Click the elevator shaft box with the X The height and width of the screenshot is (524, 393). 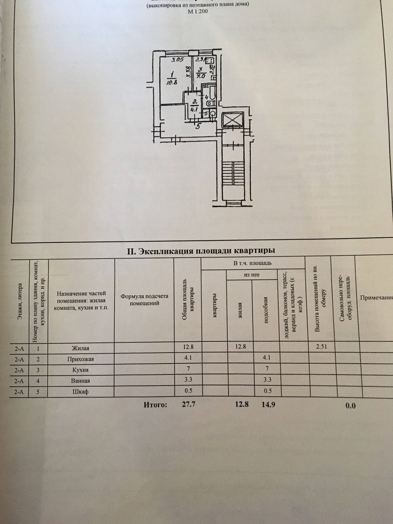click(232, 119)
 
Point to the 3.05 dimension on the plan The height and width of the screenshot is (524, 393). click(177, 60)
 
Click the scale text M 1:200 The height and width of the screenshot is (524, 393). click(198, 11)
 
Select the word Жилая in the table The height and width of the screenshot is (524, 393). click(80, 348)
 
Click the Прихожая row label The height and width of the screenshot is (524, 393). click(80, 359)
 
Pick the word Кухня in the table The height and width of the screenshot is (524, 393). click(80, 370)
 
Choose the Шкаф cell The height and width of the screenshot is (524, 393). click(80, 392)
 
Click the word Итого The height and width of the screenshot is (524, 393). click(155, 405)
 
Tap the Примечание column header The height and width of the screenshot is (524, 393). click(376, 298)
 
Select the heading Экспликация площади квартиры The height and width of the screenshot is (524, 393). click(201, 251)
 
